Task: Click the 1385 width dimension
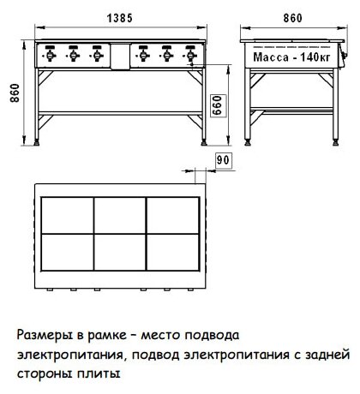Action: pos(120,18)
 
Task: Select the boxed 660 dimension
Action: pos(218,105)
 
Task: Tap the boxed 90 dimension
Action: pos(223,160)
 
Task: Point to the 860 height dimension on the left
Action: pos(15,93)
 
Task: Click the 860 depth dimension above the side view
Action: pos(292,18)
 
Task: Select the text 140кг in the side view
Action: pos(315,57)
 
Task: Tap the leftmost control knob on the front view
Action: pos(50,54)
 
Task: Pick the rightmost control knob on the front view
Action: pos(190,54)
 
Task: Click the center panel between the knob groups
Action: pos(120,57)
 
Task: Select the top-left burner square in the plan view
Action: pos(68,215)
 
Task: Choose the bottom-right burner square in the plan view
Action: pos(172,252)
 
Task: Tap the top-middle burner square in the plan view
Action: pos(120,215)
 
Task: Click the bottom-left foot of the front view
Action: pos(37,142)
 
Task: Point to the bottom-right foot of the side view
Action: pos(336,142)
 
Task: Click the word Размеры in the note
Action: pos(45,335)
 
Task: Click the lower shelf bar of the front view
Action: pos(120,113)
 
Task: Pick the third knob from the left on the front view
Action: pos(97,54)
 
